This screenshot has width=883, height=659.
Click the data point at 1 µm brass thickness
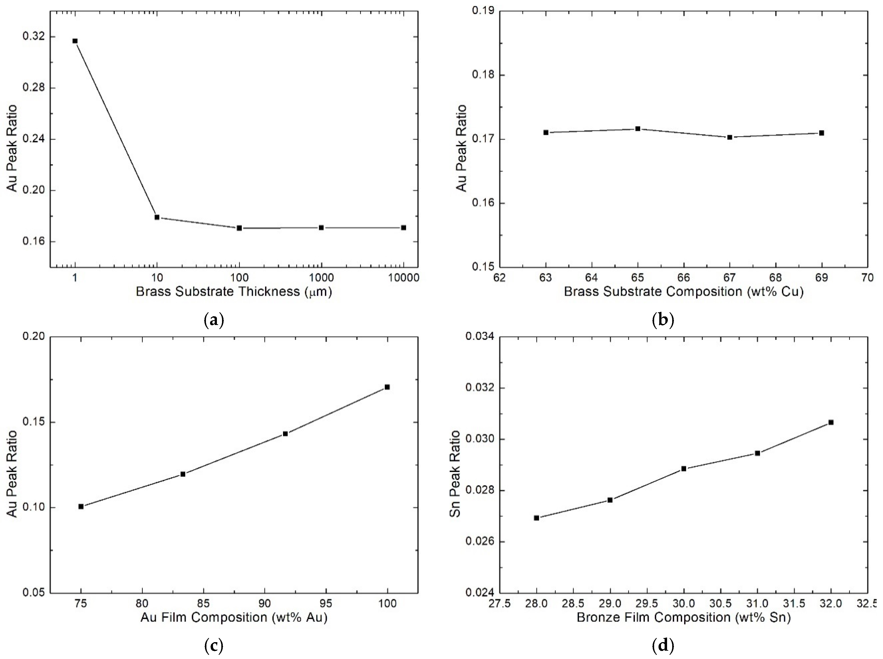point(75,41)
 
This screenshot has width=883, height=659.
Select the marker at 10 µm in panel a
point(157,217)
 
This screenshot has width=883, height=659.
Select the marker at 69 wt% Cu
point(822,133)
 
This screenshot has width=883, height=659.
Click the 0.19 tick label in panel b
point(481,11)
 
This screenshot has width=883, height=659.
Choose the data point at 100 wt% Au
point(387,387)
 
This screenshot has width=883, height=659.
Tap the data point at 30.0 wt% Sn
point(684,469)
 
